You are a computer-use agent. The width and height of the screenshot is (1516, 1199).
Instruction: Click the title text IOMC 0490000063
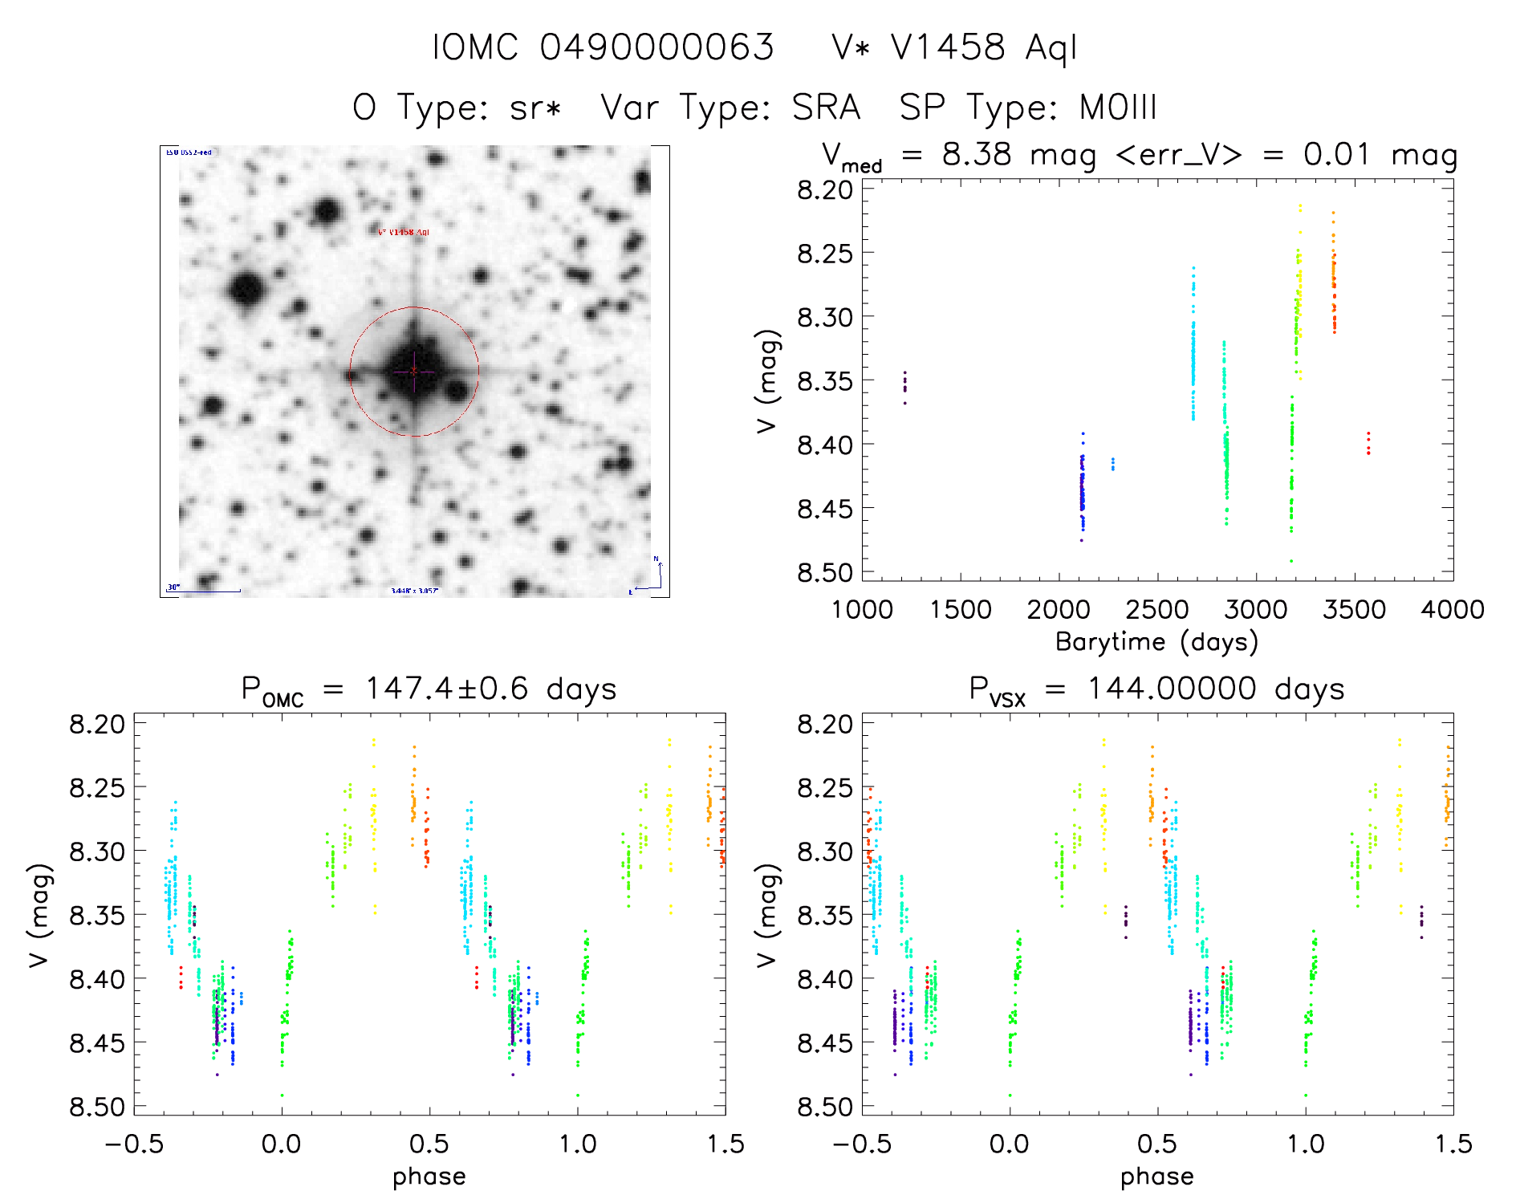604,47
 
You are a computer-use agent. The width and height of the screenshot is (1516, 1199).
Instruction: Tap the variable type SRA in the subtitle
826,108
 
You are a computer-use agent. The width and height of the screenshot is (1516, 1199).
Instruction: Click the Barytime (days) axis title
1156,642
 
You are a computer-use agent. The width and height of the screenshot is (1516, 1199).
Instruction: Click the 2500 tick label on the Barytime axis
1157,610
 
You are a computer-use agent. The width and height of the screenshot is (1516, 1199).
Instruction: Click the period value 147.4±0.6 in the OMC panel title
446,689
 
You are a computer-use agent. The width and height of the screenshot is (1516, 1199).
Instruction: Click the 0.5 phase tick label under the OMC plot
429,1144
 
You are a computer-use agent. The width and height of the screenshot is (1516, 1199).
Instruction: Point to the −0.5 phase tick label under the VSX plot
862,1144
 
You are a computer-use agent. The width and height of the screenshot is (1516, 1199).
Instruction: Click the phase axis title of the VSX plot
1156,1177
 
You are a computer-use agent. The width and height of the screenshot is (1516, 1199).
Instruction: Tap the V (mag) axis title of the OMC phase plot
39,916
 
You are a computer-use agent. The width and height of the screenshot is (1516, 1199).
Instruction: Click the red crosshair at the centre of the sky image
414,372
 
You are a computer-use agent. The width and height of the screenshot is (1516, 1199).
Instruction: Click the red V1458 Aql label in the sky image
404,233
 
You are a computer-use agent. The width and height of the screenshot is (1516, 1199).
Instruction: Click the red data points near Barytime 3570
1368,443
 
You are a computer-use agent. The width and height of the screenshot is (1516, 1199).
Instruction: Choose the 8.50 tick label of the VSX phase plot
825,1108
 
